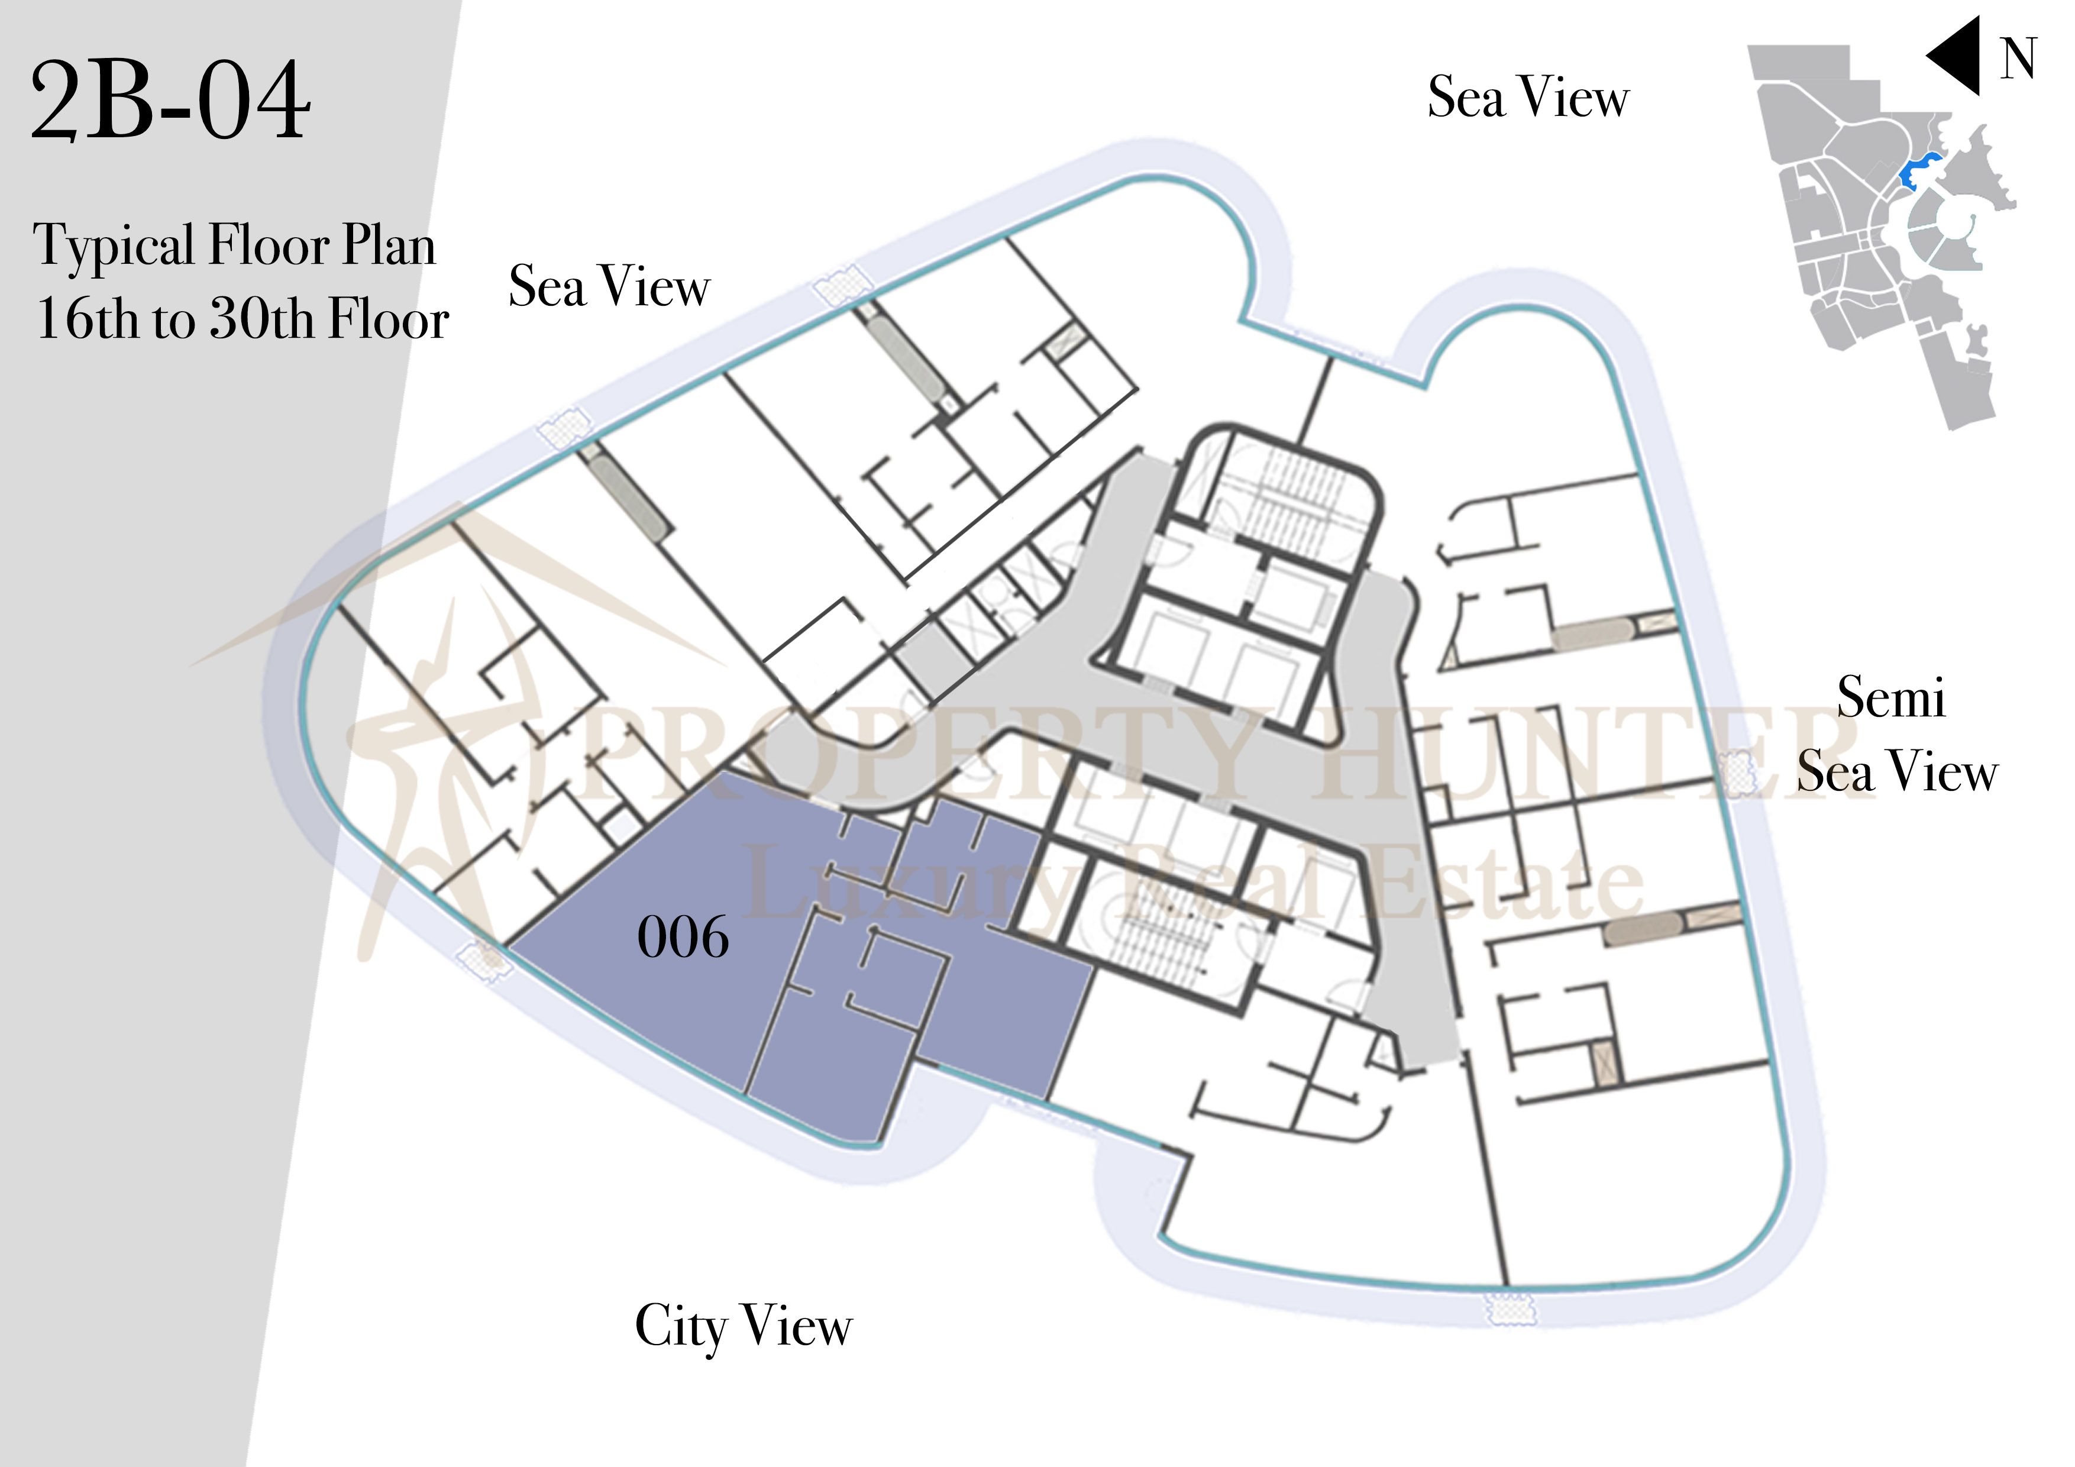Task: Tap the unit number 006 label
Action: click(683, 938)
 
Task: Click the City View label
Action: click(743, 1327)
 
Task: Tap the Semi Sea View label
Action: click(1896, 734)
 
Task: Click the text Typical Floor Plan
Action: click(235, 247)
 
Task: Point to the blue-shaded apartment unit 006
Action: click(813, 958)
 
